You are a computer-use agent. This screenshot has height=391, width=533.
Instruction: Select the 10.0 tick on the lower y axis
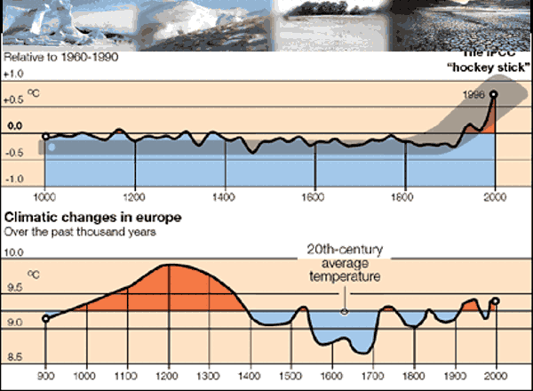(x=15, y=252)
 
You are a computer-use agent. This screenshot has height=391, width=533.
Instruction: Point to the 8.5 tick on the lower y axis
(x=15, y=357)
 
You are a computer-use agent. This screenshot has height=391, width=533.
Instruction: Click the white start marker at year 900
(x=45, y=317)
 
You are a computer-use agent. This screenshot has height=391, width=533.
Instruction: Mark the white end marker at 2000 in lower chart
(x=496, y=301)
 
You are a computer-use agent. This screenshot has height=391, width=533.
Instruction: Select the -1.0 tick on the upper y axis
(x=16, y=179)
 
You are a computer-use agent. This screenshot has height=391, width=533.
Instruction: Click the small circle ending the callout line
(x=344, y=311)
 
